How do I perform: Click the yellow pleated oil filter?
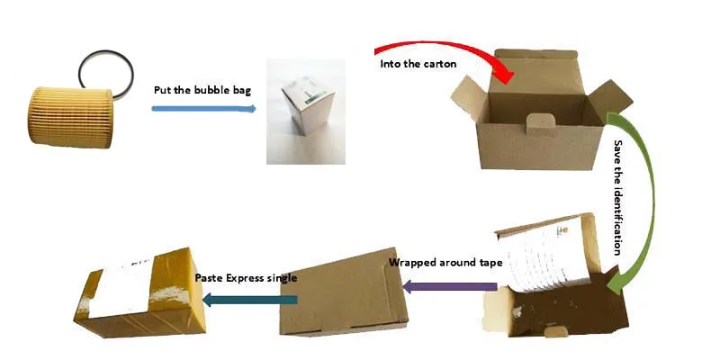70,118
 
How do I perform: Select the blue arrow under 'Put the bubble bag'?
204,109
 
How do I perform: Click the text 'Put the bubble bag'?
202,90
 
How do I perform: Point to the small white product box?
308,105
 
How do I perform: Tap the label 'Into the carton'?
418,64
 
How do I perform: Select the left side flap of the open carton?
468,97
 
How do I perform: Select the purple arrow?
449,287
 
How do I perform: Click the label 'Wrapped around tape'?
445,263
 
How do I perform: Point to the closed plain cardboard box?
344,294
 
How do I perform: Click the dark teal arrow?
250,300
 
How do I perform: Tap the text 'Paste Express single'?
246,278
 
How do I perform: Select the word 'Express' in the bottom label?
249,278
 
